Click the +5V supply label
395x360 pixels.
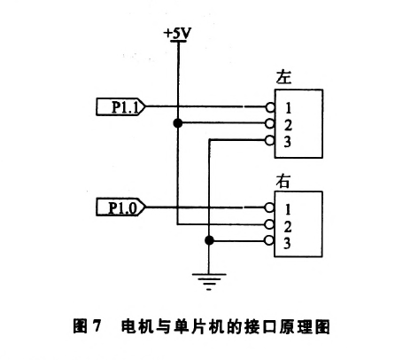coord(178,33)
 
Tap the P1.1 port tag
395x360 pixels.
coord(120,106)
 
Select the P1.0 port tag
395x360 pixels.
coord(120,207)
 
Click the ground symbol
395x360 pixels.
coord(209,282)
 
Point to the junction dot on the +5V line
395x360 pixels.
coord(178,123)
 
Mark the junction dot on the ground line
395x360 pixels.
coord(209,240)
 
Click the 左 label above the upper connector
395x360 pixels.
coord(283,77)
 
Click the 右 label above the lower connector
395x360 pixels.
coord(283,181)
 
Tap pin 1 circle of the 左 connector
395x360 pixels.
coord(270,107)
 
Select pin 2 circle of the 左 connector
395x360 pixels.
coord(270,123)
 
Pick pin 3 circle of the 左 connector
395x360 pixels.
coord(270,140)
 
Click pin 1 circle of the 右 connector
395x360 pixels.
coord(269,207)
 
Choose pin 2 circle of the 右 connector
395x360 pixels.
coord(269,224)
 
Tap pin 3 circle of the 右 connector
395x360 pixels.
coord(269,240)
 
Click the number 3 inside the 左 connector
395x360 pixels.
coord(288,142)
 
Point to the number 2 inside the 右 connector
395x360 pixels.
coord(288,227)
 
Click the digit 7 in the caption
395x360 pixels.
coord(97,326)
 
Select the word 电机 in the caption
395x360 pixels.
coord(137,326)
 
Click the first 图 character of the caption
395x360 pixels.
coord(80,326)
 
